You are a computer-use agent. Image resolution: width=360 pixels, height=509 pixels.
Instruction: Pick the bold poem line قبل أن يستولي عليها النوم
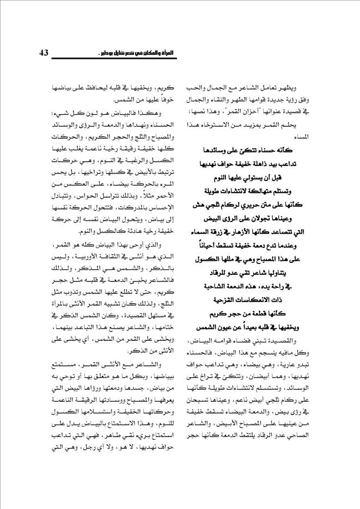[x=257, y=176]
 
